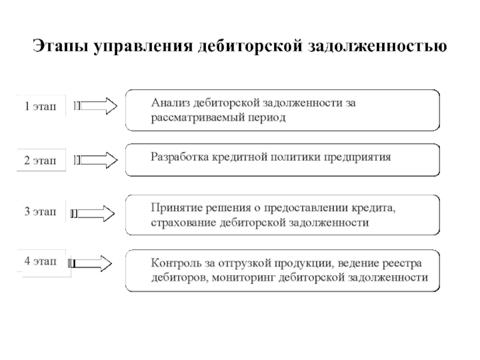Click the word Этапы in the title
coord(61,46)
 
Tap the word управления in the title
coord(143,47)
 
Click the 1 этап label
coord(40,106)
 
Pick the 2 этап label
coord(40,160)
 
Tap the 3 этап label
coord(40,211)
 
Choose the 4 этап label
coord(40,261)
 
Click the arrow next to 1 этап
coord(95,106)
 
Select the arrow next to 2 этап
coord(95,160)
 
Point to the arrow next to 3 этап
coord(93,214)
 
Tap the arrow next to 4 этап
coord(90,263)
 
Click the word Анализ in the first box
coord(170,103)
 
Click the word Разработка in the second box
coord(179,157)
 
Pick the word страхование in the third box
coord(184,223)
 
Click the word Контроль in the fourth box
coord(172,263)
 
